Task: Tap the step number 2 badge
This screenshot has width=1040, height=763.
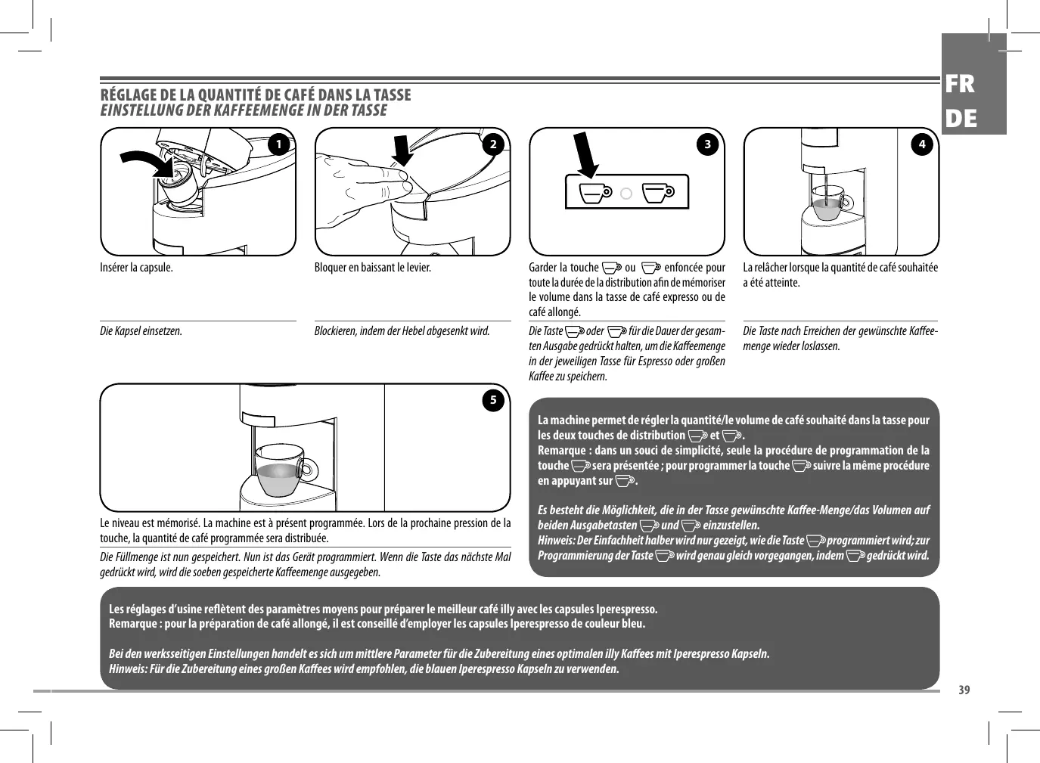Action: click(493, 144)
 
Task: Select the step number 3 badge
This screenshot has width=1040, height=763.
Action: click(708, 144)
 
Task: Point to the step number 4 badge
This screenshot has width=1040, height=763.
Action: click(922, 144)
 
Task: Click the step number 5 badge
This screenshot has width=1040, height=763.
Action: click(493, 400)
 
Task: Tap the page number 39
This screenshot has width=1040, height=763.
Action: click(964, 690)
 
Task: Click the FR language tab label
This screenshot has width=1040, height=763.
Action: click(960, 85)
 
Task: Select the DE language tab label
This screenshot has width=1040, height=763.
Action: click(960, 119)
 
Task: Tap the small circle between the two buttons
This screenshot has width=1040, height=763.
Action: click(626, 194)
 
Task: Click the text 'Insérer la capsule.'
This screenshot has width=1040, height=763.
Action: click(137, 268)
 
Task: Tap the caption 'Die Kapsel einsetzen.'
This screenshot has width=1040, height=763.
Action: click(141, 331)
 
